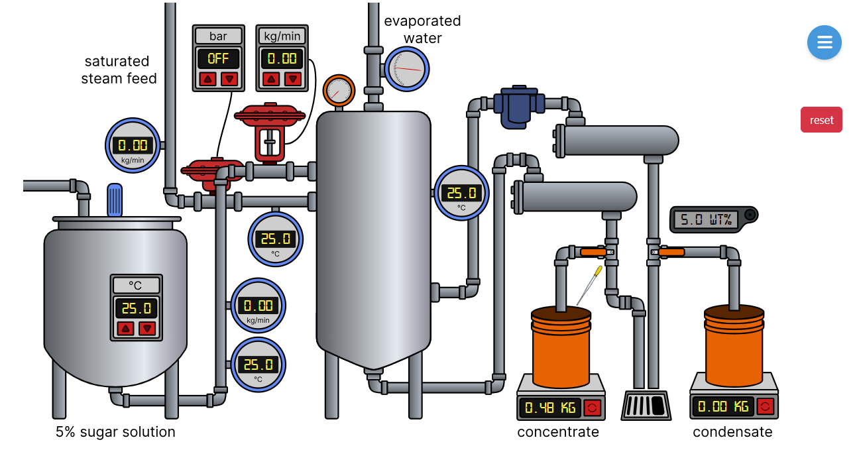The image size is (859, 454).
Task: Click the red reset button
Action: (x=821, y=120)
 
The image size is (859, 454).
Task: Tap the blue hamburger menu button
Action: (x=824, y=42)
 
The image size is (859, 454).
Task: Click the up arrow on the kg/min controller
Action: (x=270, y=80)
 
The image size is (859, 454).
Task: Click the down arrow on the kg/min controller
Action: (x=292, y=80)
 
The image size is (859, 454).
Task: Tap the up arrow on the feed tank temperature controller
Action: (x=125, y=328)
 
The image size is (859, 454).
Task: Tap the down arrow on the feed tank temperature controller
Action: (x=147, y=328)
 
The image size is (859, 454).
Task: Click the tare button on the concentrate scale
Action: (x=593, y=407)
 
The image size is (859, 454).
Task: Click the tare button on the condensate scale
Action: (x=766, y=406)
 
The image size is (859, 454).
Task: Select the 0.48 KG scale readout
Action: (x=549, y=408)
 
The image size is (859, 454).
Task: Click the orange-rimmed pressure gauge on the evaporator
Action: (x=339, y=91)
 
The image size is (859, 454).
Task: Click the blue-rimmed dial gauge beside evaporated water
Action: (x=406, y=69)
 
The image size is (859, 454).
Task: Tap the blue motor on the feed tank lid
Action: (x=115, y=199)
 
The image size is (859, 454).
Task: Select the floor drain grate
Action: (x=646, y=405)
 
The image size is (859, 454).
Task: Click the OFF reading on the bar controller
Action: (x=218, y=58)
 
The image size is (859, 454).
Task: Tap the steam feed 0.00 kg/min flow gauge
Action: (x=133, y=146)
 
